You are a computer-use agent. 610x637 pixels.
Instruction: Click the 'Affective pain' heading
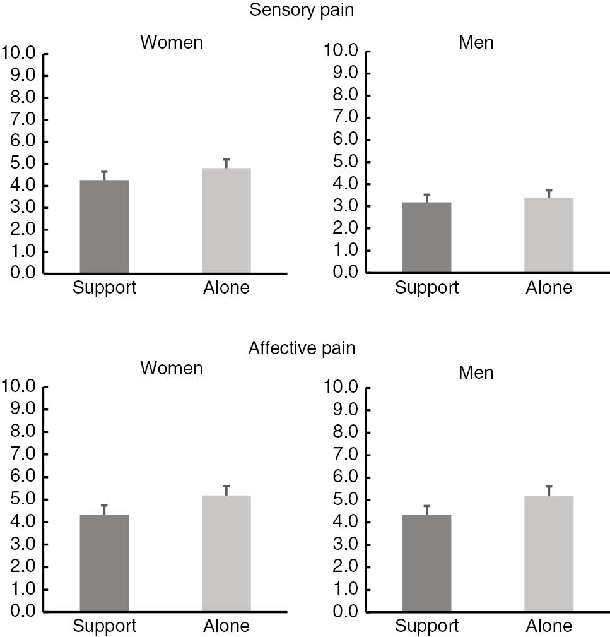302,348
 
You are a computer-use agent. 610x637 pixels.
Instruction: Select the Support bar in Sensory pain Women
104,227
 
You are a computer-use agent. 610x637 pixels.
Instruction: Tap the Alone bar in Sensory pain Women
226,220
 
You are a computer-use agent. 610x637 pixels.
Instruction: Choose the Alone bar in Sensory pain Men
549,235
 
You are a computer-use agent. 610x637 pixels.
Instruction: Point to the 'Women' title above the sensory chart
172,42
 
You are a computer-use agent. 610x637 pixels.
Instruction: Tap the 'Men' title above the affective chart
476,372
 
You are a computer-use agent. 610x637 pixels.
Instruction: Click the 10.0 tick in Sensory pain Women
20,53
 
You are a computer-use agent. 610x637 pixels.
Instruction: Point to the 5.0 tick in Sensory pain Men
343,162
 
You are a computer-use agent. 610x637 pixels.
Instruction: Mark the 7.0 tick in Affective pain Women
20,455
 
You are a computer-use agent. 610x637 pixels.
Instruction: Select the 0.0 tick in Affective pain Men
343,612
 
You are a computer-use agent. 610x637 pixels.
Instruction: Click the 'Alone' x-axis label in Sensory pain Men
549,288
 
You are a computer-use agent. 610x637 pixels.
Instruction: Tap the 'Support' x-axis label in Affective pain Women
104,626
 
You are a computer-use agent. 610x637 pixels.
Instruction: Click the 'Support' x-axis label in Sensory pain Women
104,288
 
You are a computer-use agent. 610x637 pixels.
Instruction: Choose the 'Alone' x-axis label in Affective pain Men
549,626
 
